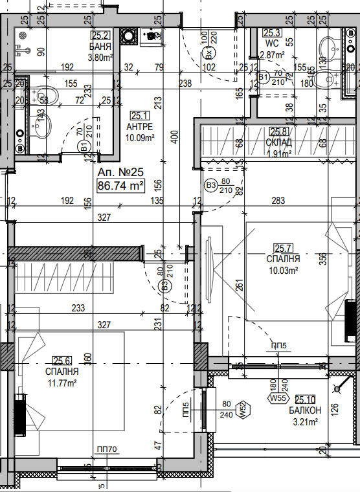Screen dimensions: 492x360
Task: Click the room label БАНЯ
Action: pos(101,47)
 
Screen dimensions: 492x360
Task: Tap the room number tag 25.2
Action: pos(100,36)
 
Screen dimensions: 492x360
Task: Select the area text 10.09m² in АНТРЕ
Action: pos(139,137)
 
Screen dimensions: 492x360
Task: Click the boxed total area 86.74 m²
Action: pos(120,186)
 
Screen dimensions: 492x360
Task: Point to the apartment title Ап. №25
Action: pos(120,173)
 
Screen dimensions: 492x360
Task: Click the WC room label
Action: pos(271,44)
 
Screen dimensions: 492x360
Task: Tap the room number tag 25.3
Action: pos(271,34)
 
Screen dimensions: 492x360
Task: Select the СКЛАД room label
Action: pos(279,142)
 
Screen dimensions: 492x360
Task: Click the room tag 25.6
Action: pos(62,361)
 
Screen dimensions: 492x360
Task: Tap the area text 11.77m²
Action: pos(62,383)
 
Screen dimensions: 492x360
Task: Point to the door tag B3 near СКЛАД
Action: pos(210,185)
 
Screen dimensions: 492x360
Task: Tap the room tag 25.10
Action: pos(305,400)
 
